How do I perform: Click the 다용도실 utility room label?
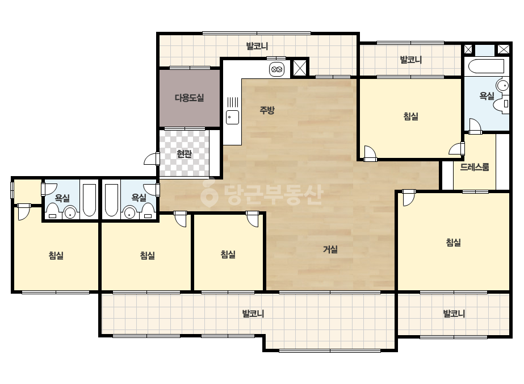point(189,98)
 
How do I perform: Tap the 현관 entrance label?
point(184,154)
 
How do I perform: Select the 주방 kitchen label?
point(267,110)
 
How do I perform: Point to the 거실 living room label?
point(330,249)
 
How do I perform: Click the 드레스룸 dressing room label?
point(475,166)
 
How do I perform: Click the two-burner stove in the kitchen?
point(277,69)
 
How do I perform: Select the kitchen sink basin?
point(233,117)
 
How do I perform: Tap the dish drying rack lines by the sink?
point(233,102)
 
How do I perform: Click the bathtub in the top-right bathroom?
point(486,66)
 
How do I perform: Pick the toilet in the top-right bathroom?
point(502,104)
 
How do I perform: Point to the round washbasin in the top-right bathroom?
point(502,85)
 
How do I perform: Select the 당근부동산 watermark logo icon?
point(209,192)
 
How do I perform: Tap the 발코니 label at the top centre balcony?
point(257,46)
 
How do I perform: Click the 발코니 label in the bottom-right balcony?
point(454,314)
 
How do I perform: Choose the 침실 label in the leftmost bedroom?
point(56,256)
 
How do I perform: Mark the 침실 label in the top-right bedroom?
point(410,116)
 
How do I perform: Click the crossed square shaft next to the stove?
point(299,68)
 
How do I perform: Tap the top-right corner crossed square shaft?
point(504,49)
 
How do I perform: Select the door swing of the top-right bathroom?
point(475,126)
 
